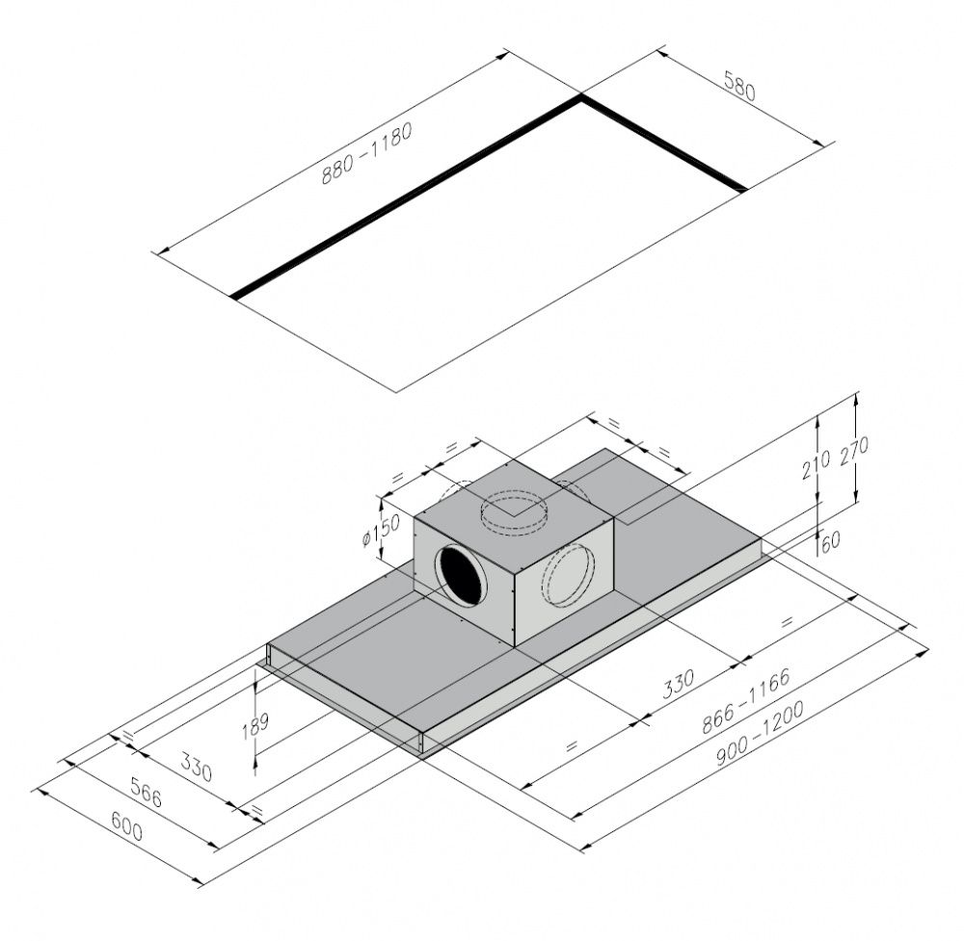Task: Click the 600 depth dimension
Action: pyautogui.click(x=126, y=826)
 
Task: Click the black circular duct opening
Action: pyautogui.click(x=464, y=576)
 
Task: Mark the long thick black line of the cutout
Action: pyautogui.click(x=405, y=197)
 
